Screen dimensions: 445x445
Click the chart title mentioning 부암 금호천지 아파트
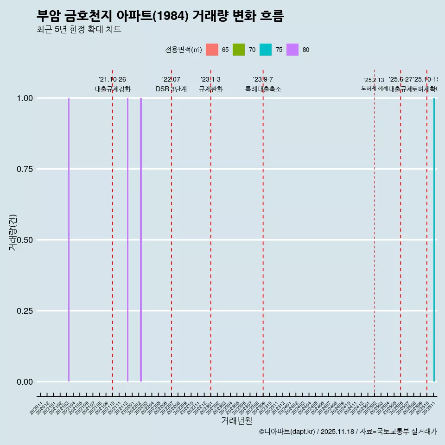[160, 16]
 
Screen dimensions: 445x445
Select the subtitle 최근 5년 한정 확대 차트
[79, 30]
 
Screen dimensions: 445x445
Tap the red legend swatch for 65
[212, 50]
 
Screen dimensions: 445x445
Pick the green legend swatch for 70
[239, 50]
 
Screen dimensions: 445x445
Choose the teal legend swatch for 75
[266, 50]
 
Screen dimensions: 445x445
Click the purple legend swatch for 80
[292, 50]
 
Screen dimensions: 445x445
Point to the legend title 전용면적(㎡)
[184, 50]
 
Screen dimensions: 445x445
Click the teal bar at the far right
[434, 240]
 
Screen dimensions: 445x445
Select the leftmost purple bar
[69, 240]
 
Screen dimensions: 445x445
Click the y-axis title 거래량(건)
[13, 232]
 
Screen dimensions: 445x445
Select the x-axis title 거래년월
[236, 421]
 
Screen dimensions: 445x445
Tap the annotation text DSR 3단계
[171, 89]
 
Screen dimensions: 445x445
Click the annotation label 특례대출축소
[263, 89]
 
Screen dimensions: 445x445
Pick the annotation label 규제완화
[210, 89]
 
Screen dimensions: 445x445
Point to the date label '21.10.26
[112, 79]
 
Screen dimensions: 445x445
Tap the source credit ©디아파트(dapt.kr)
[287, 432]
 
